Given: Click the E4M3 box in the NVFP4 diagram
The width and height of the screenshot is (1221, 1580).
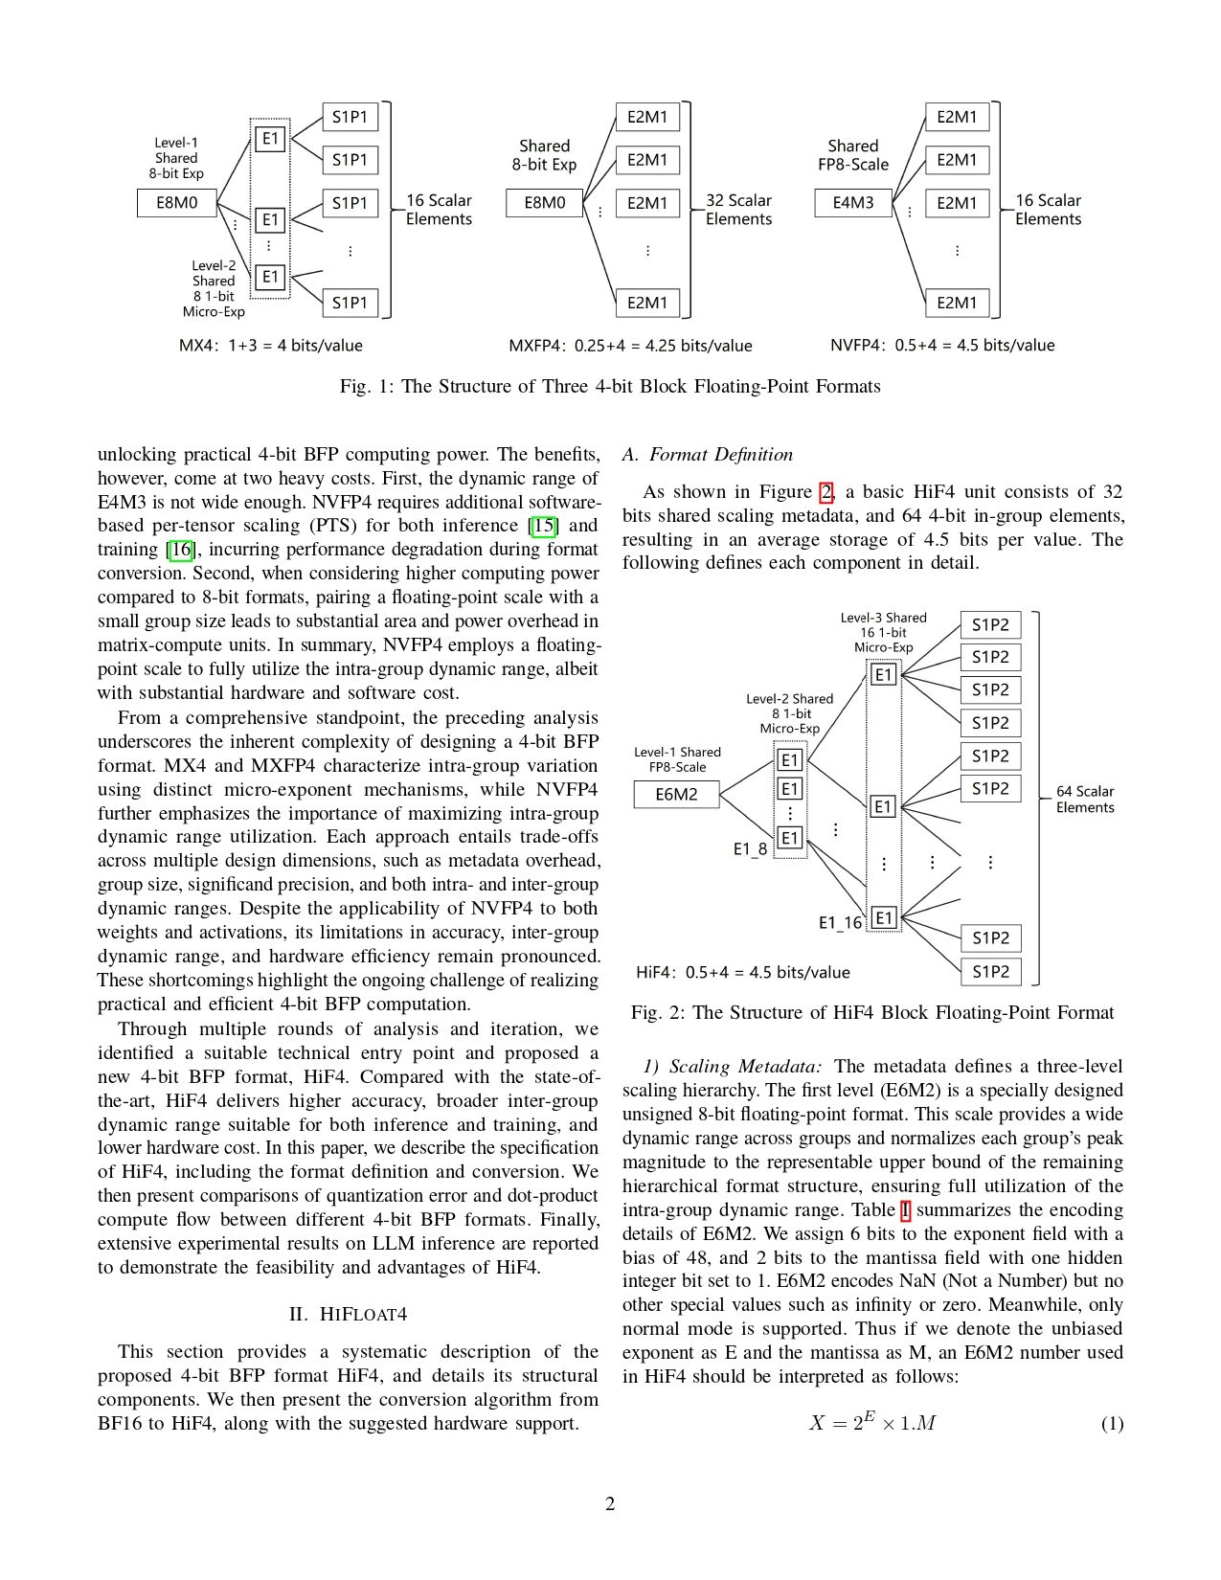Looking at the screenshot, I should [852, 203].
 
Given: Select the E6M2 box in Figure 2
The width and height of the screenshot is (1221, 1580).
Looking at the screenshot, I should [676, 795].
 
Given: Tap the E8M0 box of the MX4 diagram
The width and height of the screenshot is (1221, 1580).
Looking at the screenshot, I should [177, 203].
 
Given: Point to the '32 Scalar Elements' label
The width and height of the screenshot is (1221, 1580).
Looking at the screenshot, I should [738, 210].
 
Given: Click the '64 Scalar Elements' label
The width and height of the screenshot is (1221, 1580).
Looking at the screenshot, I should [1085, 800].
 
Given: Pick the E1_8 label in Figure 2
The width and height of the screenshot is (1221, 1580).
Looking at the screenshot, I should [750, 849].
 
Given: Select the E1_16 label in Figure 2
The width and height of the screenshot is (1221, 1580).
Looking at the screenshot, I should [840, 923].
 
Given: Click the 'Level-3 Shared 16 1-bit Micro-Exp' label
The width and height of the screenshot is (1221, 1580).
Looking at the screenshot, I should [883, 633].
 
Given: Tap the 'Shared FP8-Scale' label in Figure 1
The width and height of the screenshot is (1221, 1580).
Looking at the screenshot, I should [852, 155].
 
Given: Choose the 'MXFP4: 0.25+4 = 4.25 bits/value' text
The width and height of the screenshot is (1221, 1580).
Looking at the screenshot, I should [630, 346].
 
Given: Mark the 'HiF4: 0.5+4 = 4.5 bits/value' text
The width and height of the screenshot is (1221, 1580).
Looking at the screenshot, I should [743, 973].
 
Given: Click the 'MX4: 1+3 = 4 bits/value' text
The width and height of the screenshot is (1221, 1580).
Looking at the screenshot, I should [271, 346].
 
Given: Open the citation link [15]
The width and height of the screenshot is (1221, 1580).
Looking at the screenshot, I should [544, 526].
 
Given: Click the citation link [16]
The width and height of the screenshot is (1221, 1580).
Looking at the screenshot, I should [180, 550].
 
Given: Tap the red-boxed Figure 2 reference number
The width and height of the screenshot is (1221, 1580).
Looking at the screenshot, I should [825, 492].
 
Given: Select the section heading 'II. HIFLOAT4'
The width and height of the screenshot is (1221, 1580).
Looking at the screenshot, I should [348, 1315].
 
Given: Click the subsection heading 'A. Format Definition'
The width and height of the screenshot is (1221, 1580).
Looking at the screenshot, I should [708, 455].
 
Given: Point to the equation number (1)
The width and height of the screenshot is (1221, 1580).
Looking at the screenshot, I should [1112, 1424].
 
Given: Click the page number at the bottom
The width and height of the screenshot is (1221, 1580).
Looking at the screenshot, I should [610, 1504].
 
